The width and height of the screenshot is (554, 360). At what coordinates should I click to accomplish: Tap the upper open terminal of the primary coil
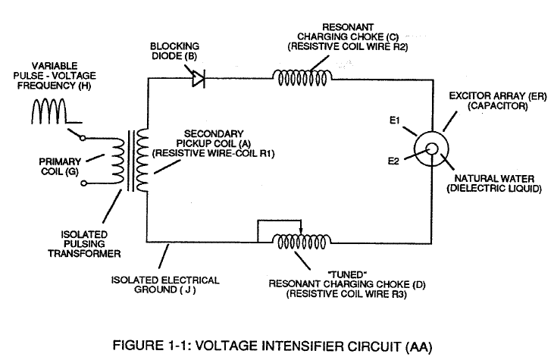click(x=83, y=138)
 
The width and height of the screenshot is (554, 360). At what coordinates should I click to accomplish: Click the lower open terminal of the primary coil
click(x=83, y=183)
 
